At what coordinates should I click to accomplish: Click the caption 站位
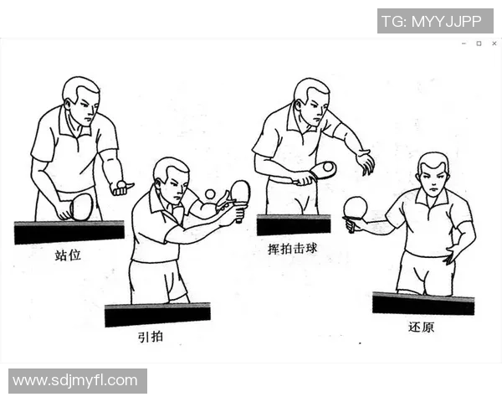pyautogui.click(x=69, y=255)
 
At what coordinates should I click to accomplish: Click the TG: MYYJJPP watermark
pyautogui.click(x=435, y=21)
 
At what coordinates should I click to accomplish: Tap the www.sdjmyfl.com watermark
pyautogui.click(x=77, y=381)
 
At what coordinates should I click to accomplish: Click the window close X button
pyautogui.click(x=494, y=44)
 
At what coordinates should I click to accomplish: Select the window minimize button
pyautogui.click(x=464, y=44)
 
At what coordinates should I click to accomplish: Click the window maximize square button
pyautogui.click(x=479, y=44)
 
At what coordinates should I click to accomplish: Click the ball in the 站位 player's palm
pyautogui.click(x=122, y=183)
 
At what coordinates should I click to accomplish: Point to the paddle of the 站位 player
pyautogui.click(x=80, y=206)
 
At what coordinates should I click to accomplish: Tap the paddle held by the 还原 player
pyautogui.click(x=356, y=207)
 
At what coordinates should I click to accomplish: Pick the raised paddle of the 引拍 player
pyautogui.click(x=240, y=192)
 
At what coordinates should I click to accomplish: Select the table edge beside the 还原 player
pyautogui.click(x=423, y=303)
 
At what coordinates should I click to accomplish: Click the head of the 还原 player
pyautogui.click(x=433, y=173)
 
